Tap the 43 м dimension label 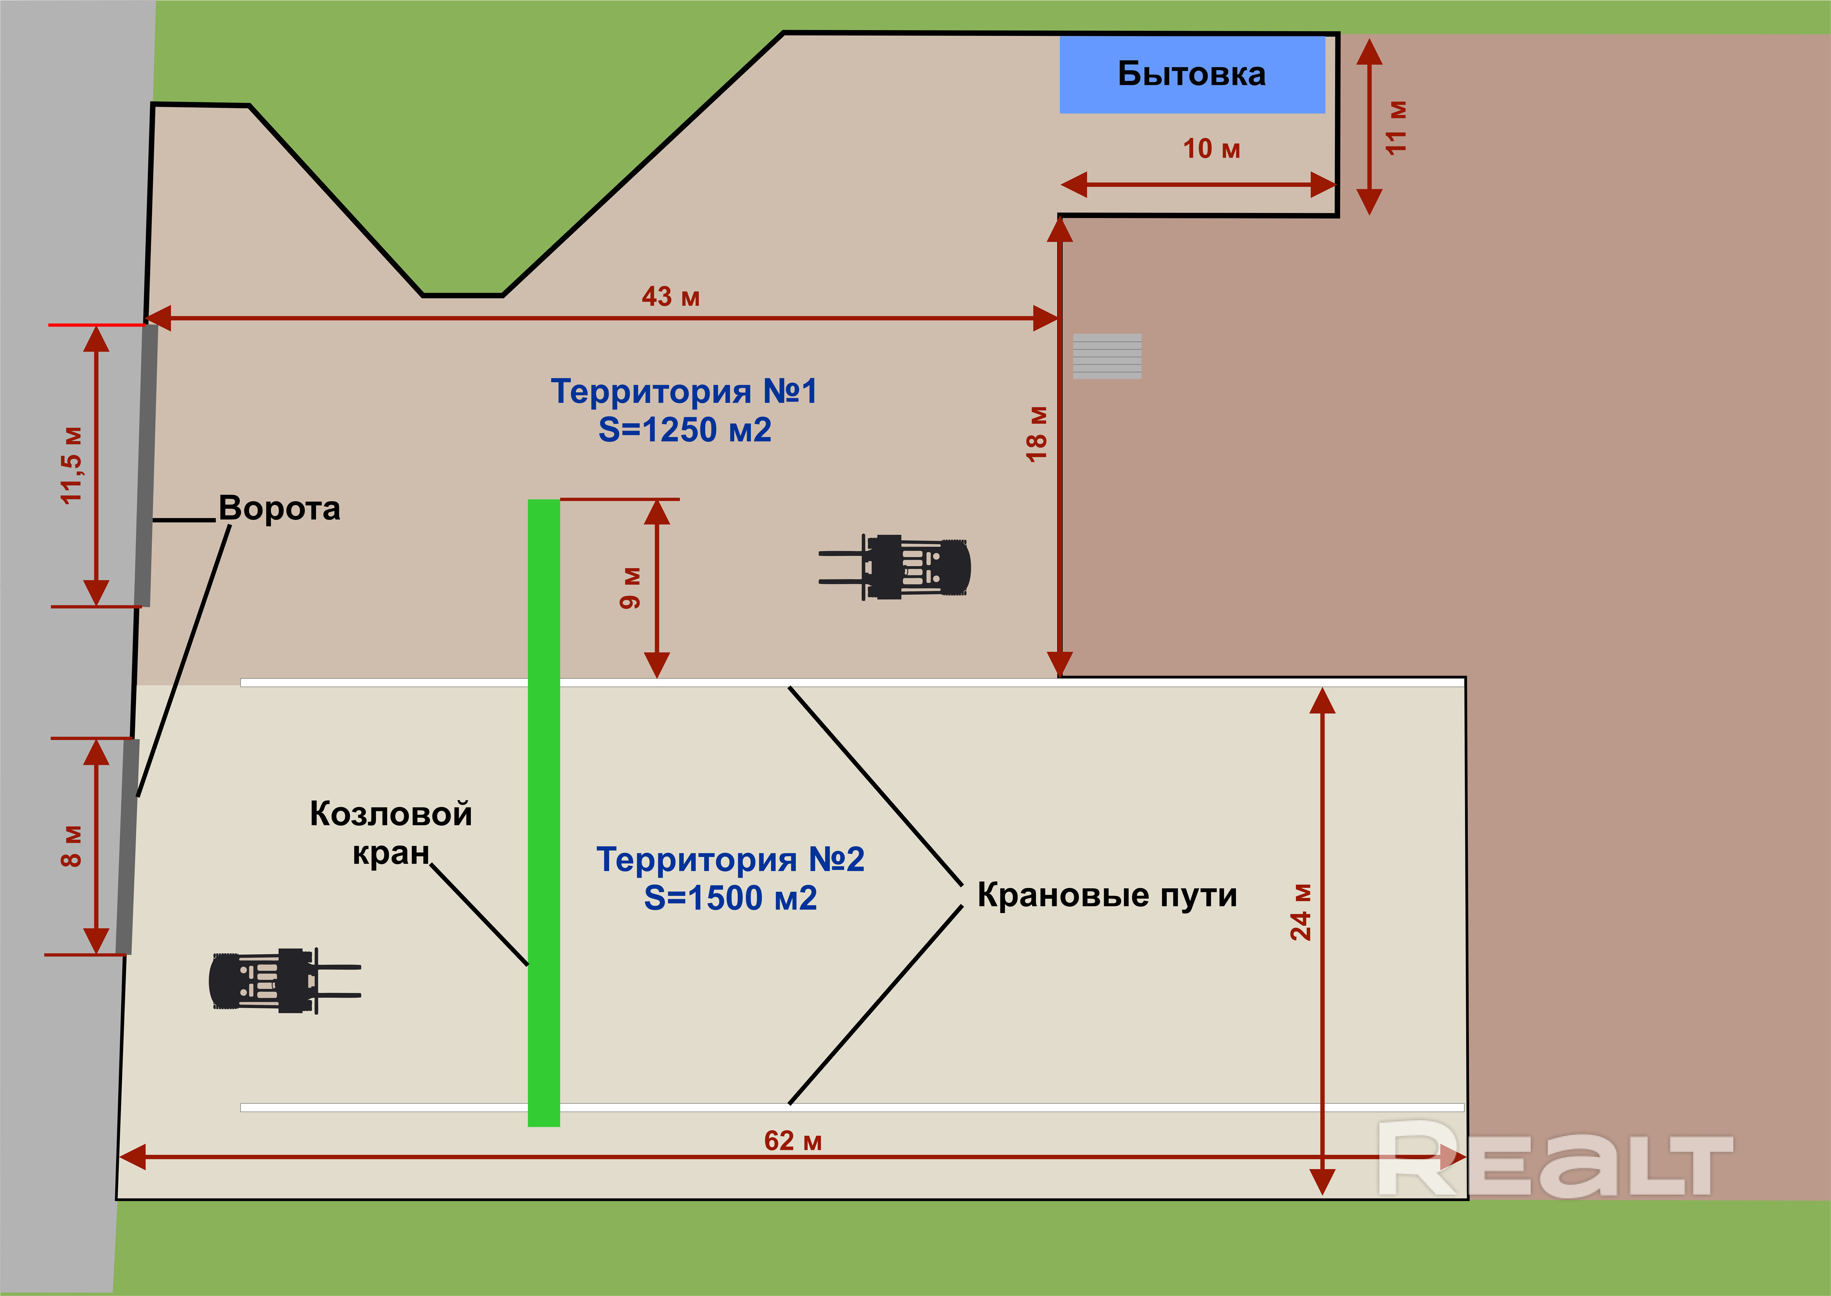(670, 297)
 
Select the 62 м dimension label (793, 1140)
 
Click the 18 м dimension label (1036, 433)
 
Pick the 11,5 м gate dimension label (72, 465)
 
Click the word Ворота (279, 508)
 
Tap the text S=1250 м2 (685, 430)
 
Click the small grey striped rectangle (1107, 356)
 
